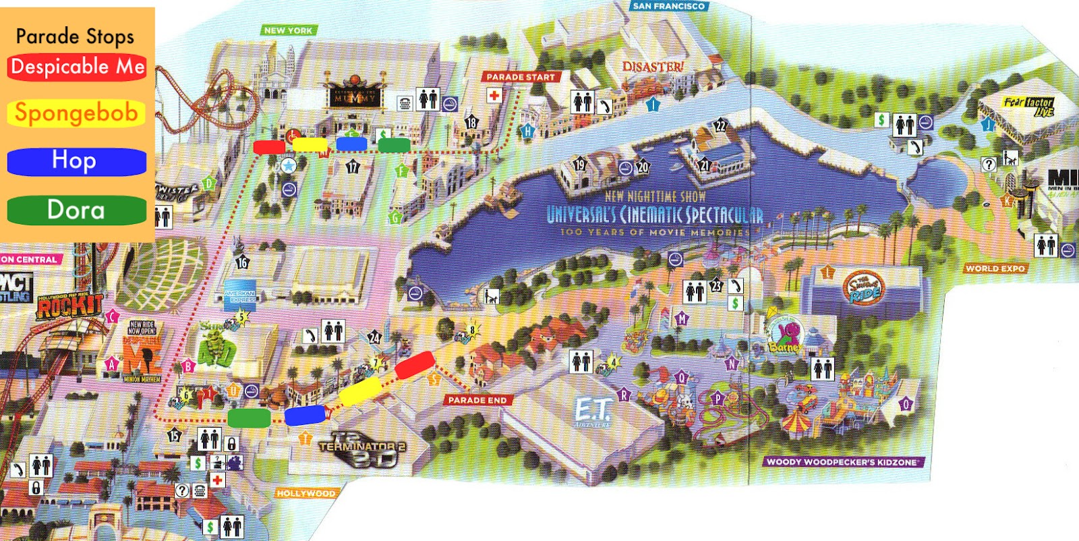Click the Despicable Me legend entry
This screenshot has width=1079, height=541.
(x=77, y=67)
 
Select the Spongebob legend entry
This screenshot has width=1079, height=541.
(x=76, y=113)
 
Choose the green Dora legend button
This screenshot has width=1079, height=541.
(x=76, y=210)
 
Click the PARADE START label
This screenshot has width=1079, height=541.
(x=521, y=77)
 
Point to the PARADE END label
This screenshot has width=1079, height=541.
(x=477, y=400)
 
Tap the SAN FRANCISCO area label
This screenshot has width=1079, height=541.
(x=668, y=6)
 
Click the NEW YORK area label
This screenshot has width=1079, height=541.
(x=288, y=30)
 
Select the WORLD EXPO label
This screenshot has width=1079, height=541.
(x=995, y=268)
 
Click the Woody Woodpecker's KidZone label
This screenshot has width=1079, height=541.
(x=842, y=462)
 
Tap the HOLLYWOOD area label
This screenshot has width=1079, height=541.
(x=305, y=493)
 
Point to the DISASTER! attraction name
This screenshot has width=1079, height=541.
(x=652, y=67)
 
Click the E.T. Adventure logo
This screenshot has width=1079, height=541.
(x=592, y=411)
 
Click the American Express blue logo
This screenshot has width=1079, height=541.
(x=239, y=295)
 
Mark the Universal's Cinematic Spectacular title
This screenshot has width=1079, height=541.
(x=654, y=215)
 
